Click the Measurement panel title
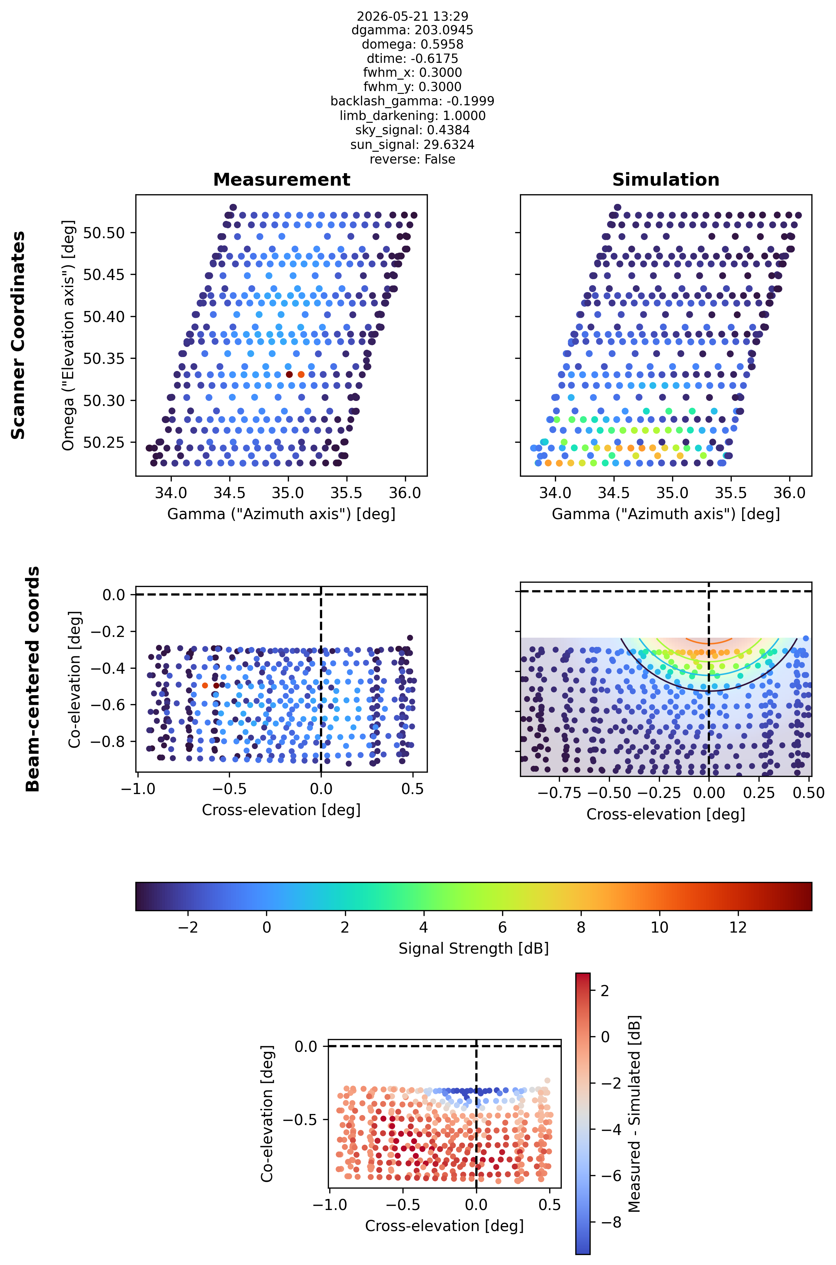click(x=281, y=180)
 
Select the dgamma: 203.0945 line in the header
click(x=412, y=30)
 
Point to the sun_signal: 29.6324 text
click(x=412, y=145)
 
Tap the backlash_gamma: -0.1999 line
click(x=412, y=101)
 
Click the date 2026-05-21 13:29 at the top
click(x=412, y=16)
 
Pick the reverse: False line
click(x=412, y=159)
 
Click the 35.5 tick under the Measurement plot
click(x=346, y=493)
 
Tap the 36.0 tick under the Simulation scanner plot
click(x=789, y=493)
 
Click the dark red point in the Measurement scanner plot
click(x=289, y=374)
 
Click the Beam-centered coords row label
click(x=33, y=679)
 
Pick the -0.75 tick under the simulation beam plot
click(x=559, y=793)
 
